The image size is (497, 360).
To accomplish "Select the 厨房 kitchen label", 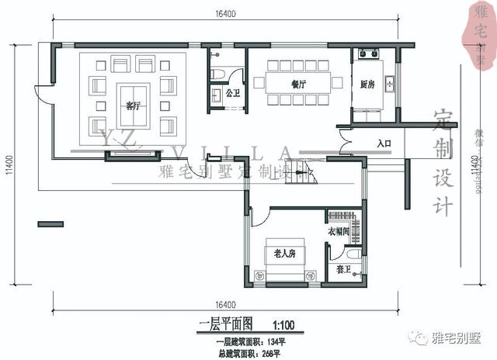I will click(x=368, y=85).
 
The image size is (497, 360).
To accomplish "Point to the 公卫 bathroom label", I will click(x=232, y=93).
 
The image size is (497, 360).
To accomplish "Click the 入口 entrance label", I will click(x=384, y=144).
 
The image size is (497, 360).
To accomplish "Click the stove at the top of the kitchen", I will click(x=366, y=55).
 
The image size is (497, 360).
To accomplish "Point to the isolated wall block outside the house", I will click(x=50, y=224).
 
